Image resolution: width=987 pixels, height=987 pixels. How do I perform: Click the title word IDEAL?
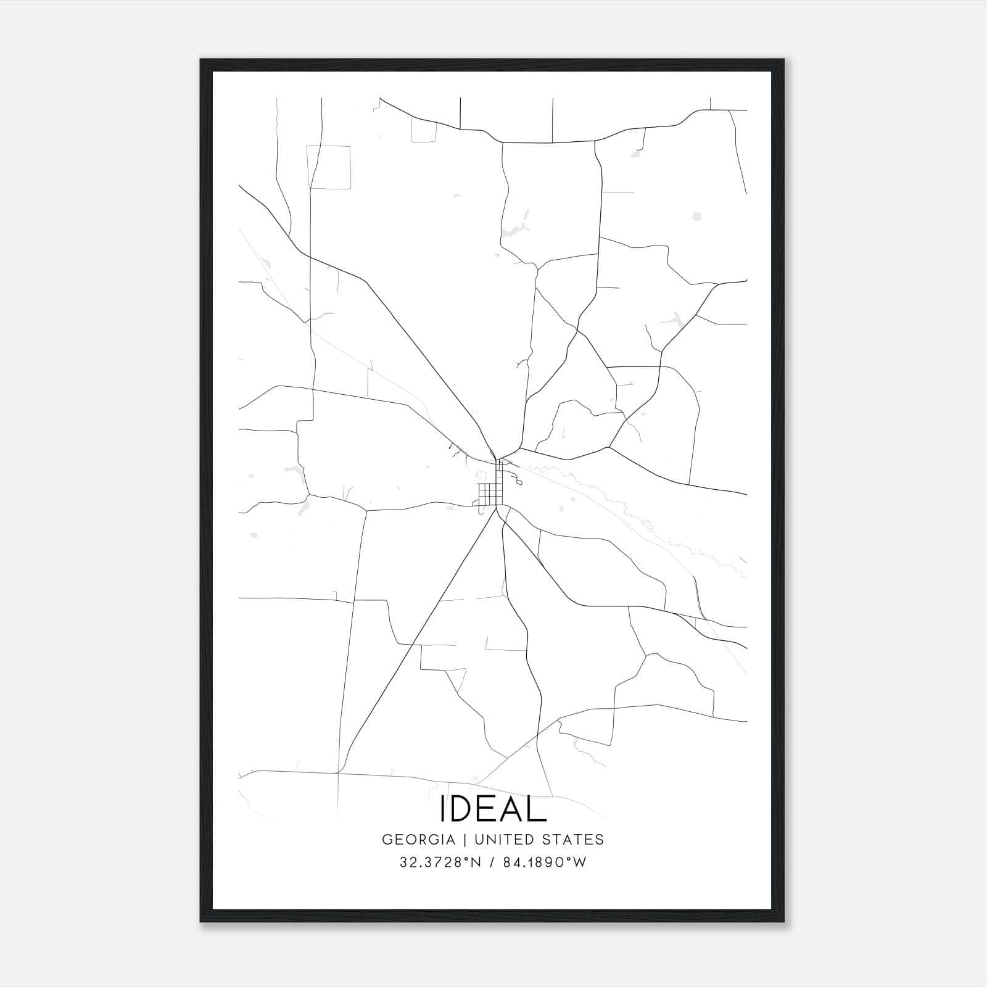tap(493, 809)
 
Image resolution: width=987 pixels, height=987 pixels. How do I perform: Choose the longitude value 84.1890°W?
tap(544, 862)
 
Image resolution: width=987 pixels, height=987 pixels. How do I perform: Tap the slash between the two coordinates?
tap(492, 862)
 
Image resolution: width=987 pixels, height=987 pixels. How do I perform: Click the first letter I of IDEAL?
tap(443, 809)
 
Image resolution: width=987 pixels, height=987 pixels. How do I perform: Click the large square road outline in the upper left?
tap(329, 167)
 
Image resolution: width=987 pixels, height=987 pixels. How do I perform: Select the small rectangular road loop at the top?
tap(424, 130)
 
